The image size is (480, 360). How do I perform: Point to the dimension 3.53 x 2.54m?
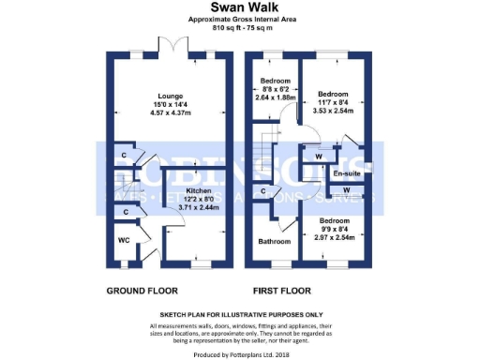coord(333,110)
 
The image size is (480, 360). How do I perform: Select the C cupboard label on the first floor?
coord(265,192)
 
